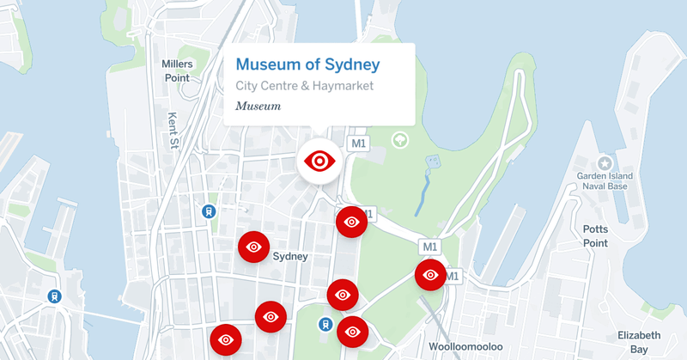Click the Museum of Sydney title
pyautogui.click(x=307, y=64)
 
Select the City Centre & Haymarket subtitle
pyautogui.click(x=305, y=87)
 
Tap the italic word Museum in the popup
pyautogui.click(x=258, y=107)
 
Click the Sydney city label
pyautogui.click(x=289, y=256)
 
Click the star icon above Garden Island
pyautogui.click(x=605, y=162)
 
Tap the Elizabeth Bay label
pyautogui.click(x=640, y=341)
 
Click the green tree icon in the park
pyautogui.click(x=399, y=139)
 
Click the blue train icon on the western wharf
pyautogui.click(x=54, y=296)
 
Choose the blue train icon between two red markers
pyautogui.click(x=325, y=324)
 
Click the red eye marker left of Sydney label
pyautogui.click(x=253, y=247)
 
